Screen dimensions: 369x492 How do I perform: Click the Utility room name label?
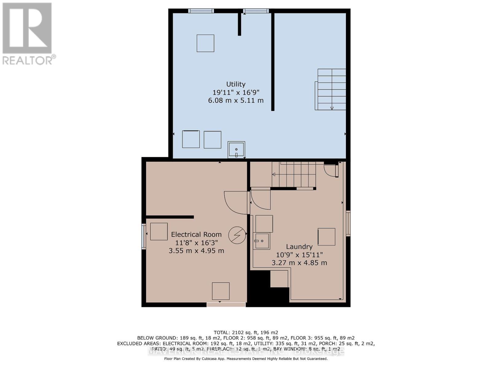tap(236, 84)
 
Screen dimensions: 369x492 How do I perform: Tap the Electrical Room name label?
tap(196, 234)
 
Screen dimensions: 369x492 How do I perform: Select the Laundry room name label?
tap(299, 247)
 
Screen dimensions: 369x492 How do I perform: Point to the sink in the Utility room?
tap(236, 150)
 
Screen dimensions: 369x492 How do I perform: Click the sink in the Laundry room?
tap(262, 241)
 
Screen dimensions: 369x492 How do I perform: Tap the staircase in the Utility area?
tap(331, 89)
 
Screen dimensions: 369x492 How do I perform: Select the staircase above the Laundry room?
tap(294, 174)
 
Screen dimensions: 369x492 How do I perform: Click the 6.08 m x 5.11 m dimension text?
tap(236, 100)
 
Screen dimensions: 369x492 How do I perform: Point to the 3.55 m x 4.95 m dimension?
tap(196, 251)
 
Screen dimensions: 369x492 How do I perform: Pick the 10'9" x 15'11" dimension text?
tap(299, 255)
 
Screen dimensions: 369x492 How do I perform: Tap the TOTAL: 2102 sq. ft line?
tap(246, 332)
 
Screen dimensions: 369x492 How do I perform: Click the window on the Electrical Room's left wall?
tap(144, 236)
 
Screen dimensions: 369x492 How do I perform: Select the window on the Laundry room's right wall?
tap(348, 223)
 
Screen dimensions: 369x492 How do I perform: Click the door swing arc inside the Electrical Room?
tap(235, 201)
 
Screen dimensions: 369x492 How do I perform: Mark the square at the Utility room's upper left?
tap(205, 43)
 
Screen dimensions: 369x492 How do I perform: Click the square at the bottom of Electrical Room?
tap(220, 291)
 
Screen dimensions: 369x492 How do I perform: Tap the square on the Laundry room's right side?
tap(326, 236)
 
